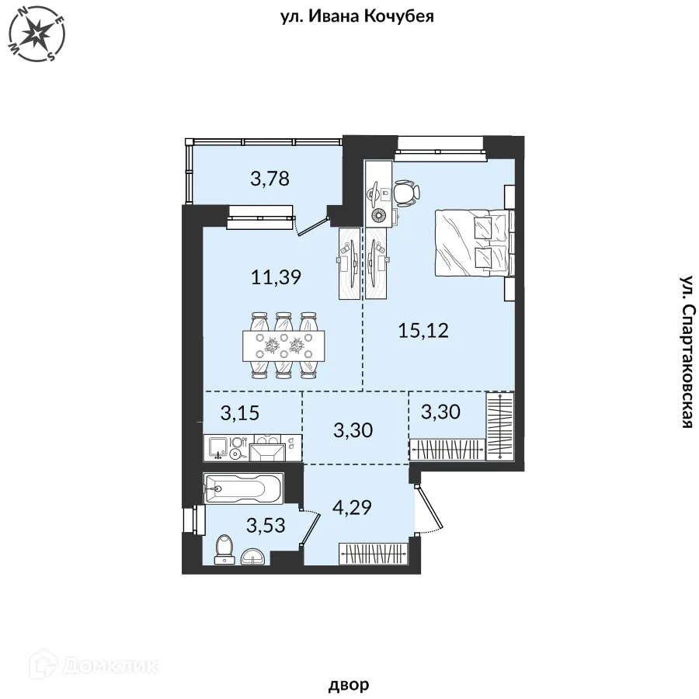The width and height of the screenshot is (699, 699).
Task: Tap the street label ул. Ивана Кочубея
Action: click(x=357, y=17)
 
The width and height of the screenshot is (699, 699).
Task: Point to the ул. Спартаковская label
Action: click(x=688, y=352)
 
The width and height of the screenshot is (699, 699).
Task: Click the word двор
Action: click(x=349, y=683)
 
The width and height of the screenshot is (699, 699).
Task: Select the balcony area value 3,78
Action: click(x=270, y=179)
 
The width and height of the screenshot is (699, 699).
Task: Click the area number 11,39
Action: click(x=276, y=277)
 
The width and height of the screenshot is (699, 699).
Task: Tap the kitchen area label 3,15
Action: click(x=240, y=413)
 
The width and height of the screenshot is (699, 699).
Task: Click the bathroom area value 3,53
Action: click(x=266, y=525)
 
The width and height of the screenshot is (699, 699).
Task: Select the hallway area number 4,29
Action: click(x=352, y=507)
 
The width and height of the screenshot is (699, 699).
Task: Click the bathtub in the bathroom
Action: click(x=243, y=489)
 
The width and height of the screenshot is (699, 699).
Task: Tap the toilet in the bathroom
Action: click(x=224, y=550)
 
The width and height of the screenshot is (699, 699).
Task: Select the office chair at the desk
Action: click(x=406, y=193)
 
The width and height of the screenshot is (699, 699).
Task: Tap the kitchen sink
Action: click(x=217, y=448)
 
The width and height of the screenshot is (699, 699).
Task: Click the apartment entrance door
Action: click(x=428, y=508)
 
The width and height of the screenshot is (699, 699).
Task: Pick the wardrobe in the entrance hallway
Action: click(x=374, y=553)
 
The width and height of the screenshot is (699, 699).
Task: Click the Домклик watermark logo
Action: click(x=93, y=666)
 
